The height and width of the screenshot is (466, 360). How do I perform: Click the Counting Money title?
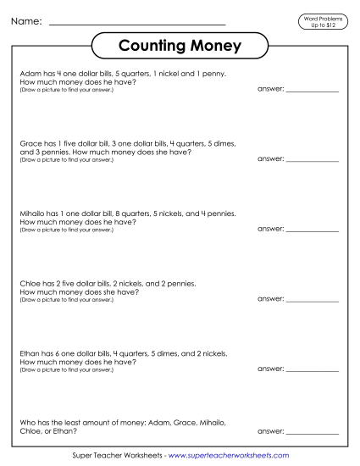179,45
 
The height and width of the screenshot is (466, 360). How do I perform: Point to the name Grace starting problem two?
30,144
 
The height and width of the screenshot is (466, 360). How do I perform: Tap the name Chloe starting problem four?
30,285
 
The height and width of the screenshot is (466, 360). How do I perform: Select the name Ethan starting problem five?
30,355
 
